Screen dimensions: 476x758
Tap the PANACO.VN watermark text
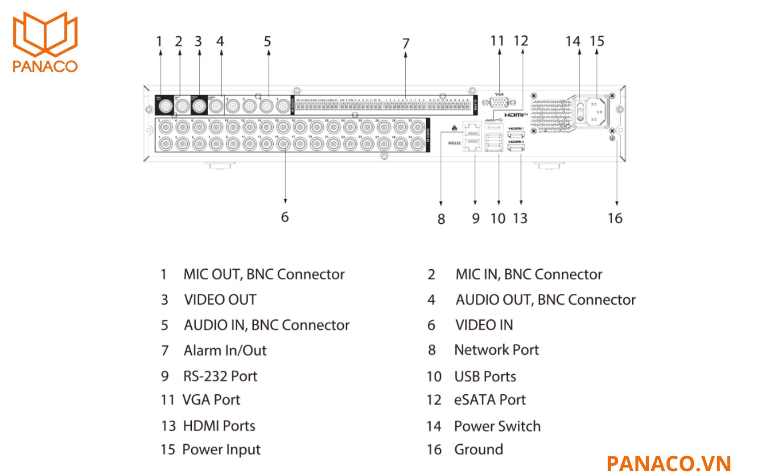tap(668, 463)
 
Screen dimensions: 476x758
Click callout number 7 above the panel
tap(405, 43)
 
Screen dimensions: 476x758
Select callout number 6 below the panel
tap(285, 217)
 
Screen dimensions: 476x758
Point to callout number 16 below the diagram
tap(615, 218)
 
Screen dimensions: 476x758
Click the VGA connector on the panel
tap(500, 102)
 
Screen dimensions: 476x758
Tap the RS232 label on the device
tap(454, 143)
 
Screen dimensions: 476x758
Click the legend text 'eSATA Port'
tap(490, 400)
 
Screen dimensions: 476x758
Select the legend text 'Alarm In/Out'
tap(225, 351)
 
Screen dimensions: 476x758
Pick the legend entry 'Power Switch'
tap(497, 426)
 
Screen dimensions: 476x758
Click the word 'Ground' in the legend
tap(478, 449)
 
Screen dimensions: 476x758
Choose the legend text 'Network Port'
tap(496, 350)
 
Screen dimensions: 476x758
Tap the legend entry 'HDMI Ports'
tap(219, 426)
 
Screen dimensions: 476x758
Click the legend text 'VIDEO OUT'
tap(220, 300)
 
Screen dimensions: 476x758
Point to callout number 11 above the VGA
tap(497, 41)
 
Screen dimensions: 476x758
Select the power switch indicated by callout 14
tap(580, 111)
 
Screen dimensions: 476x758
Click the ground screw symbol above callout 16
tap(612, 138)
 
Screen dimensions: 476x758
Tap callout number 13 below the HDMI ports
tap(520, 218)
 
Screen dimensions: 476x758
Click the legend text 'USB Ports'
tap(485, 376)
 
